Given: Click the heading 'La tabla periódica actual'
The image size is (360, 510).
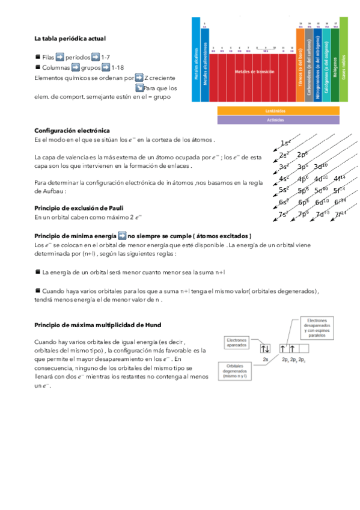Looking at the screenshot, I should coord(70,38).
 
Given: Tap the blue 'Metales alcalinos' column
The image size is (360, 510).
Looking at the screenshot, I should coord(196,60).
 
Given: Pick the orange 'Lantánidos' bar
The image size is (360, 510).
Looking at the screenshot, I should coord(275,111).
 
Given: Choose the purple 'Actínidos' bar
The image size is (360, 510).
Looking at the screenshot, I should coord(275,120).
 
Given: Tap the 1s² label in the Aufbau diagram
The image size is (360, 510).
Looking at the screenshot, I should coord(286,143).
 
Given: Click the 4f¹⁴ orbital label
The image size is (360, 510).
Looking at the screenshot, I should coord(340,178).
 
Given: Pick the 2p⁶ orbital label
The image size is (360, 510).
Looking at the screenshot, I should coord(303,155).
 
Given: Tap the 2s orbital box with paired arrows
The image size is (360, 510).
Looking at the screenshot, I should coord(266,348).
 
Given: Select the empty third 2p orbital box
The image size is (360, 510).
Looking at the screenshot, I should coord(302,348).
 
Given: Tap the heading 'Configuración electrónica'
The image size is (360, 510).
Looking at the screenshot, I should coord(72,131).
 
